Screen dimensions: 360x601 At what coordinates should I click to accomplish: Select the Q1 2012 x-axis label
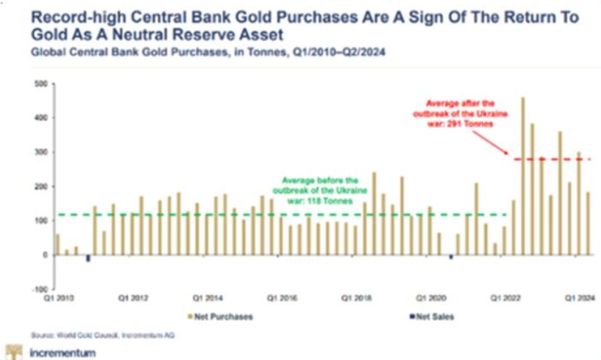(133, 297)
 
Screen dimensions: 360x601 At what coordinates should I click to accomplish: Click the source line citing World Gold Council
(103, 335)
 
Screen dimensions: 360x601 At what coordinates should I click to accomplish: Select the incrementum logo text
(63, 352)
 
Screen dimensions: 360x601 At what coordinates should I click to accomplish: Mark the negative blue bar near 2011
(88, 258)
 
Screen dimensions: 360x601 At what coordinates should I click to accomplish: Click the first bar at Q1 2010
(58, 244)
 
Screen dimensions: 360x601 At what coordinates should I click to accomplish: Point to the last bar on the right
(588, 223)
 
